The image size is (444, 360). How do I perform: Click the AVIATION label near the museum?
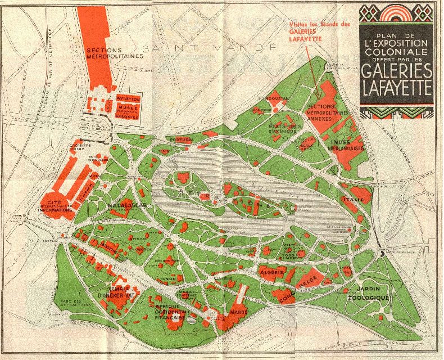pyautogui.click(x=128, y=98)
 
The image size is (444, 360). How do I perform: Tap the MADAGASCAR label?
pyautogui.click(x=128, y=206)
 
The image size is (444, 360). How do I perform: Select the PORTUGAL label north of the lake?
pyautogui.click(x=182, y=139)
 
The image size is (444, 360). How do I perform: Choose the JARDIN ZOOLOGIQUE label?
pyautogui.click(x=368, y=293)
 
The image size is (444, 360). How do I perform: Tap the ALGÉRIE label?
pyautogui.click(x=271, y=272)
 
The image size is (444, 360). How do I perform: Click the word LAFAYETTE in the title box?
pyautogui.click(x=397, y=88)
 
